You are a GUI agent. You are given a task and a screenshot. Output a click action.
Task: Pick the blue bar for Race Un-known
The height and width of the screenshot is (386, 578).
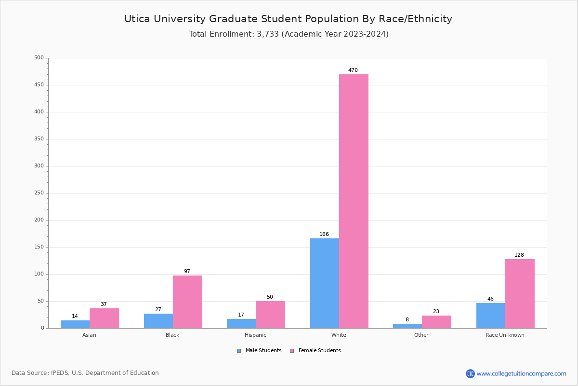(490, 316)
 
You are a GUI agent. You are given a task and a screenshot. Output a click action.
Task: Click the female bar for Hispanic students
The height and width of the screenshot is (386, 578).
(270, 315)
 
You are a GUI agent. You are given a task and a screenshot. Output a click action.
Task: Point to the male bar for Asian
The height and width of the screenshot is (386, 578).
(75, 324)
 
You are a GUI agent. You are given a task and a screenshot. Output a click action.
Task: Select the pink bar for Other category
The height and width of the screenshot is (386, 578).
(436, 322)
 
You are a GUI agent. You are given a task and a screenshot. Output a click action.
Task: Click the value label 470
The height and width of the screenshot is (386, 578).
(353, 70)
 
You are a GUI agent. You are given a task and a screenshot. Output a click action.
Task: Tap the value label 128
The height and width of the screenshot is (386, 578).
(519, 255)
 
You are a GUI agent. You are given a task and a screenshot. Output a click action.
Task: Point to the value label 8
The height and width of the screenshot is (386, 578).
(407, 320)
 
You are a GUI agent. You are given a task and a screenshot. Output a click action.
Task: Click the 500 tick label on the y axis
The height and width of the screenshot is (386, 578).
(39, 58)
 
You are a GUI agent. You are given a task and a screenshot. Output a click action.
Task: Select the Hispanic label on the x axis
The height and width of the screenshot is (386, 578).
(255, 335)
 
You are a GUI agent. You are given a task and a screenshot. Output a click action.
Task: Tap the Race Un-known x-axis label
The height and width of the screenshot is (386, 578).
(505, 335)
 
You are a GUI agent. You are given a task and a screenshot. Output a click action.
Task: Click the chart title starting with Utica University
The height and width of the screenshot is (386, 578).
(288, 19)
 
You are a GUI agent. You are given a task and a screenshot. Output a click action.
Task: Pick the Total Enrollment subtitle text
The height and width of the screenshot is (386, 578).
(288, 34)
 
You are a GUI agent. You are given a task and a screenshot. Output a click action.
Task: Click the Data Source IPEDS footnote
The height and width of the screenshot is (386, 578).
(85, 373)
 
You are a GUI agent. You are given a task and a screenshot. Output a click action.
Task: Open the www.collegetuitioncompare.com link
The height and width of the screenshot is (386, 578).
(521, 373)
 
